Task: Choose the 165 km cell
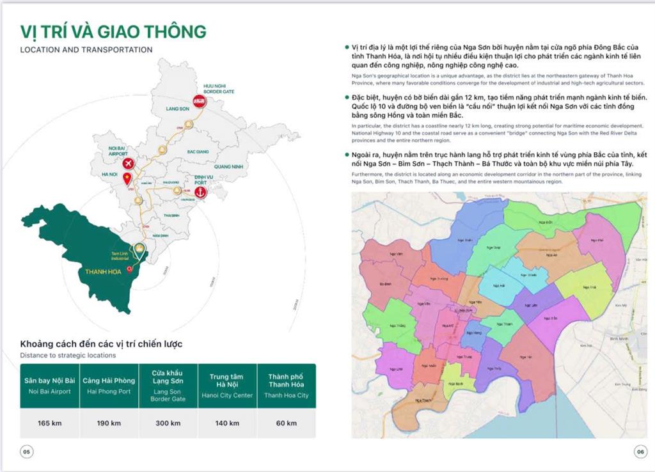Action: coord(49,423)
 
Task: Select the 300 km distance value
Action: coord(168,423)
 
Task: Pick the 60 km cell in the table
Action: coord(287,423)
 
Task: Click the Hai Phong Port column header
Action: coord(108,386)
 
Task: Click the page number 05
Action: coord(28,452)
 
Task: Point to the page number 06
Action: coord(640,452)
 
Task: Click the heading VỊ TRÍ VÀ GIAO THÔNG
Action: coord(113,31)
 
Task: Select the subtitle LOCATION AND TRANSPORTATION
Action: coord(86,49)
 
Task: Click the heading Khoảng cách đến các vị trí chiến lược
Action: coord(101,344)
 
